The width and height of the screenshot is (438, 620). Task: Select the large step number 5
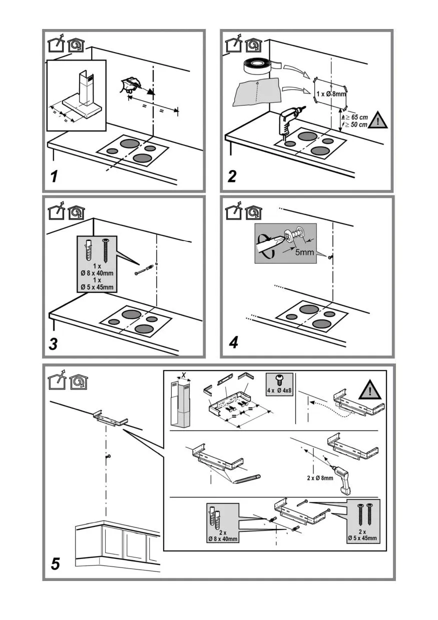tap(56, 564)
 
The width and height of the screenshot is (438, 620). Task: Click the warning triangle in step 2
tap(378, 120)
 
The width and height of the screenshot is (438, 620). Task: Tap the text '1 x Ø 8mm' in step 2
tap(331, 93)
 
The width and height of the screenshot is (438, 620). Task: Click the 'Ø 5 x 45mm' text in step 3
tap(97, 287)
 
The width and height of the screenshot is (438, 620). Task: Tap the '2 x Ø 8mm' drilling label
tap(320, 477)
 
